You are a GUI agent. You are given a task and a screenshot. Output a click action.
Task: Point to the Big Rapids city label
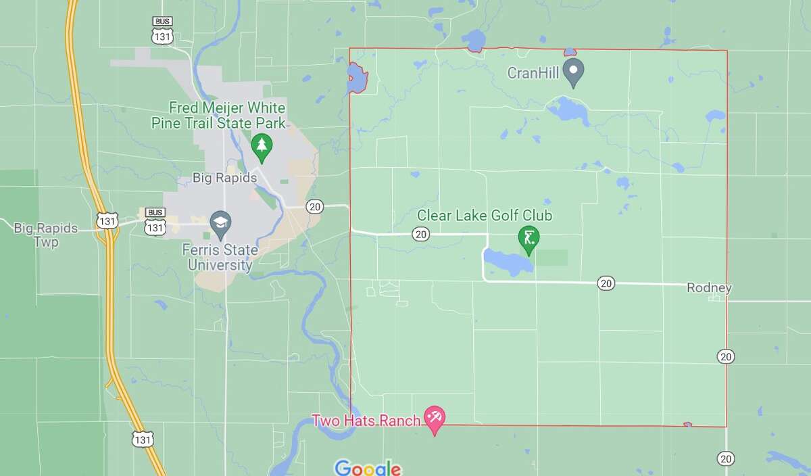(225, 178)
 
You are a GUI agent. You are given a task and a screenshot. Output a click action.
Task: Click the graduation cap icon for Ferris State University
(221, 221)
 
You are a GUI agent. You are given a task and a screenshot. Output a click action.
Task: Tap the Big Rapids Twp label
(46, 234)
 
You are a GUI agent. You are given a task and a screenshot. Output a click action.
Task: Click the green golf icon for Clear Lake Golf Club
(527, 237)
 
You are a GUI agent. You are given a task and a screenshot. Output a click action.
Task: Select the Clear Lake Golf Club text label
(485, 216)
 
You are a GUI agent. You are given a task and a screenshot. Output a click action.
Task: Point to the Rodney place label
(709, 288)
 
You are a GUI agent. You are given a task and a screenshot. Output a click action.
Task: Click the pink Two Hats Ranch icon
(433, 419)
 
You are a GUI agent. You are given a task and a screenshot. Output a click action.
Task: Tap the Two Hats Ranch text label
(366, 420)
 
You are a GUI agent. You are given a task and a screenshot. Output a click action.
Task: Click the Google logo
(368, 468)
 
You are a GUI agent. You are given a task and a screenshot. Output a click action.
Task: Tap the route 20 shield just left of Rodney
(606, 283)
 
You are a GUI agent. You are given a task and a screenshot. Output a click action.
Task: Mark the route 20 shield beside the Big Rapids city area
(314, 206)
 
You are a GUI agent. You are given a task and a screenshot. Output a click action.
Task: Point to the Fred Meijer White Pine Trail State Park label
(227, 116)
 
